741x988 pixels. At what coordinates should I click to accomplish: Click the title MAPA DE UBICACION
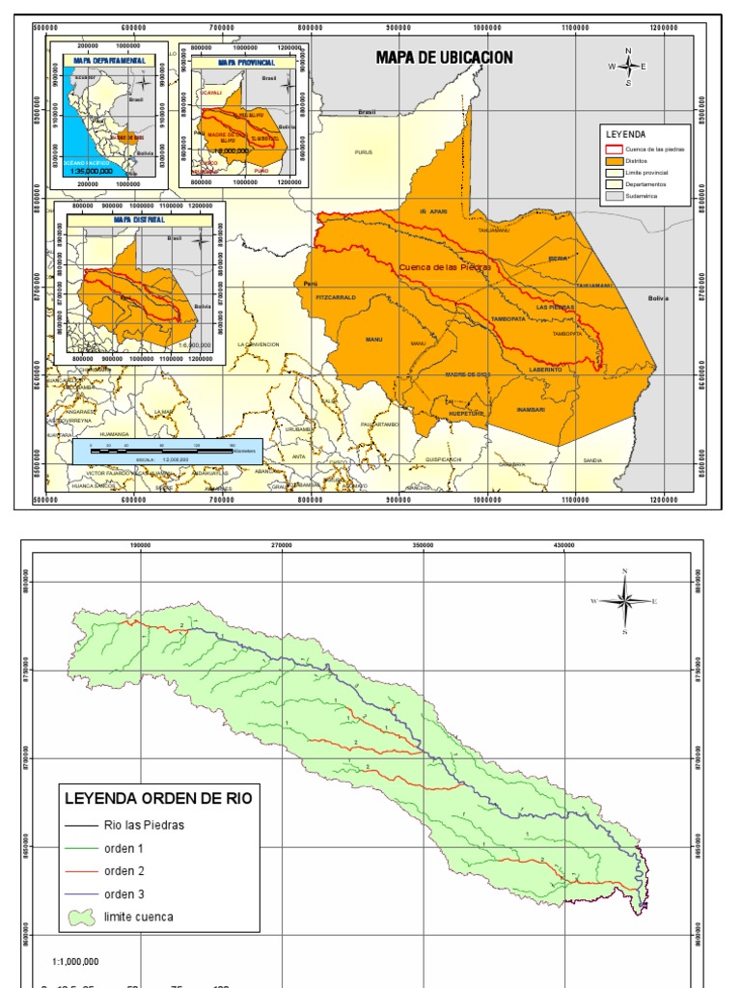[x=444, y=59]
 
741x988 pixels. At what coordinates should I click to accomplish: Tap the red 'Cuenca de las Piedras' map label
[x=445, y=266]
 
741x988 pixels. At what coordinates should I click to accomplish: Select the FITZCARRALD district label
[x=337, y=298]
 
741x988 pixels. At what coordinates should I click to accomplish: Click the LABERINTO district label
[x=546, y=370]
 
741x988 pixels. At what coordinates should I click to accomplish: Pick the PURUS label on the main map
[x=363, y=151]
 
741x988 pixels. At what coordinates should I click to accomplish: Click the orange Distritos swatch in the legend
[x=613, y=160]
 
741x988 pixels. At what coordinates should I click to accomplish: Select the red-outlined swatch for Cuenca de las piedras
[x=613, y=149]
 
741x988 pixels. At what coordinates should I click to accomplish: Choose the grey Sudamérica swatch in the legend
[x=613, y=194]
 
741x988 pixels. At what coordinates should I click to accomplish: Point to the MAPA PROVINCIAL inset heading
[x=241, y=63]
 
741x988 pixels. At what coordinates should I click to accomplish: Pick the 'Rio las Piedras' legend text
[x=144, y=825]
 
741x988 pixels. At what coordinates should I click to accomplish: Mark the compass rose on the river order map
[x=625, y=601]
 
